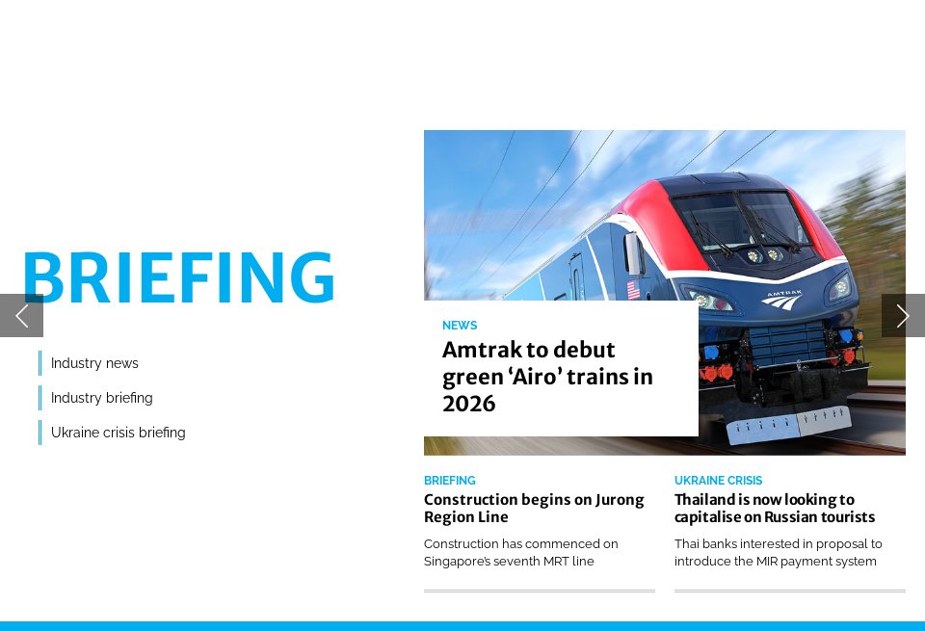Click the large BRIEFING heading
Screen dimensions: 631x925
pyautogui.click(x=178, y=278)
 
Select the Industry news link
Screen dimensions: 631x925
pyautogui.click(x=94, y=363)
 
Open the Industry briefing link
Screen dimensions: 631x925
pyautogui.click(x=101, y=398)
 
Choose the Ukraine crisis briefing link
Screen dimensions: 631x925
pyautogui.click(x=118, y=433)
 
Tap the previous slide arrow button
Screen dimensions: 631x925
pyautogui.click(x=21, y=315)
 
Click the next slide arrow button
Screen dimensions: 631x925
pyautogui.click(x=903, y=315)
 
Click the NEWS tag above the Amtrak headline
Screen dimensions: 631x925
pyautogui.click(x=460, y=326)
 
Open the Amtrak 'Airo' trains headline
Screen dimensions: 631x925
pyautogui.click(x=547, y=377)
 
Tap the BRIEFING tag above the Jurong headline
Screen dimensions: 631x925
pyautogui.click(x=449, y=481)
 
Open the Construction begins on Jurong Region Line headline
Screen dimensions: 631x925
pyautogui.click(x=534, y=508)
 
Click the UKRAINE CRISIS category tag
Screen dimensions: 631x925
pyautogui.click(x=718, y=481)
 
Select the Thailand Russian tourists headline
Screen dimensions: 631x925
pyautogui.click(x=775, y=508)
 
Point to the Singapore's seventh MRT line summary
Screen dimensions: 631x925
pyautogui.click(x=521, y=552)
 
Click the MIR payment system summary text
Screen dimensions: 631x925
pyautogui.click(x=778, y=552)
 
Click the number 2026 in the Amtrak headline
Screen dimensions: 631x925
pyautogui.click(x=469, y=404)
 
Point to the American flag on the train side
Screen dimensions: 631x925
pyautogui.click(x=633, y=289)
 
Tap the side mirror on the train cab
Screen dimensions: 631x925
pyautogui.click(x=633, y=253)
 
